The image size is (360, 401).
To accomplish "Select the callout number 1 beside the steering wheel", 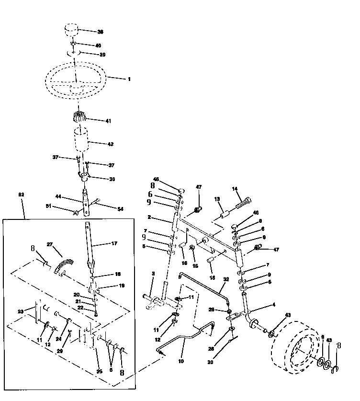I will [x=129, y=79].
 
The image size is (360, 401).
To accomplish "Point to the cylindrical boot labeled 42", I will [x=82, y=139].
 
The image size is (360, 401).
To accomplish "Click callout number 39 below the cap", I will [x=102, y=55].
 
